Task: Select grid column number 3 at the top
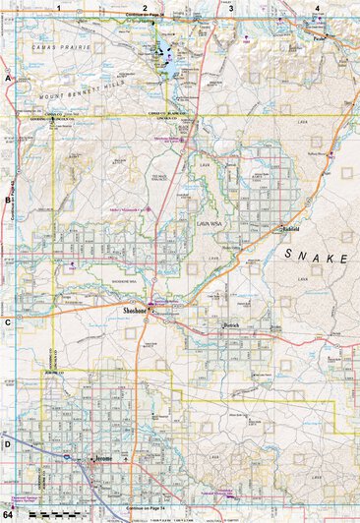pos(230,7)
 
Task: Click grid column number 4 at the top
pos(317,7)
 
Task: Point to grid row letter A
pos(7,77)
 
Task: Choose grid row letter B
pos(7,200)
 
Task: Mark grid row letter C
pos(7,321)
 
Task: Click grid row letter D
pos(7,443)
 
